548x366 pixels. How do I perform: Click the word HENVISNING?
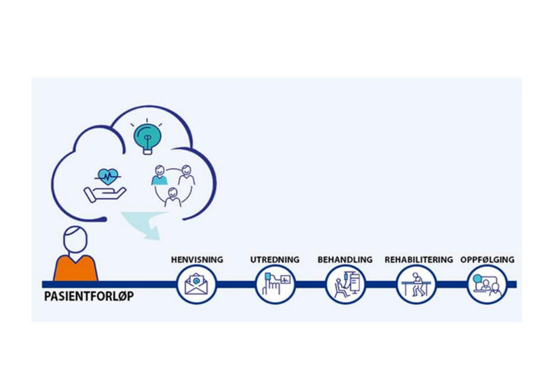click(x=196, y=260)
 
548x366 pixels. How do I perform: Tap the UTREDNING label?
click(x=275, y=260)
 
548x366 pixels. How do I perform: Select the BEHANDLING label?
click(x=345, y=260)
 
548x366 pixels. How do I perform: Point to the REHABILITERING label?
click(x=418, y=260)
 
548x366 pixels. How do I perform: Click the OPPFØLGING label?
click(x=488, y=260)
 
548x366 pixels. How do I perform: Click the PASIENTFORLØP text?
click(x=89, y=296)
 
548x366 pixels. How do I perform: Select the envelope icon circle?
click(x=196, y=284)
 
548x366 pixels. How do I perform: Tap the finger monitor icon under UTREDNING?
click(x=275, y=284)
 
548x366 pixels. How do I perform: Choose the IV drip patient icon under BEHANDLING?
click(x=346, y=284)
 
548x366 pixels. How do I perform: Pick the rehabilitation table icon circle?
click(x=416, y=284)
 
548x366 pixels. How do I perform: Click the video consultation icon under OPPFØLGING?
click(x=487, y=284)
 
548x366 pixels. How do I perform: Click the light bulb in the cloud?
click(x=147, y=138)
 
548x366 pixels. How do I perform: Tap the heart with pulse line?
click(x=107, y=177)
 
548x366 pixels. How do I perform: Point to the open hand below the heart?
click(x=104, y=194)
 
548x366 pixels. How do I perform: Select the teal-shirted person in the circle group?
click(x=159, y=175)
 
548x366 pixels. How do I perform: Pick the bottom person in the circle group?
click(x=172, y=197)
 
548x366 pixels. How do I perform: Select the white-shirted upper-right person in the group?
click(x=187, y=175)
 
